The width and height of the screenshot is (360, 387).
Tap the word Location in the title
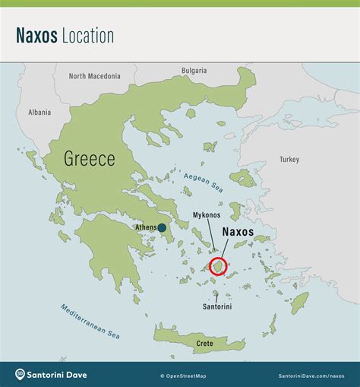click(89, 36)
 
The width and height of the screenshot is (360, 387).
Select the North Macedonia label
click(94, 76)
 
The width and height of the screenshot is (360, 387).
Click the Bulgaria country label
click(194, 71)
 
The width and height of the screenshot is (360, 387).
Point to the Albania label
click(39, 112)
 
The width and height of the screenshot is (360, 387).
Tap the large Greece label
click(89, 159)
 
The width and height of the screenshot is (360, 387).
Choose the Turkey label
click(289, 160)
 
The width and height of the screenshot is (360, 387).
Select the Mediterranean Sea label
click(90, 321)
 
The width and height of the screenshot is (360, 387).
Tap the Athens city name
click(146, 227)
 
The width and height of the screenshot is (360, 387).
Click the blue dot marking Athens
click(162, 227)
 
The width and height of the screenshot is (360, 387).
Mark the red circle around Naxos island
click(218, 266)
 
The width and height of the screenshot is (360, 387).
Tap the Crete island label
click(205, 344)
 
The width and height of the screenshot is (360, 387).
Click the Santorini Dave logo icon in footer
click(21, 374)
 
